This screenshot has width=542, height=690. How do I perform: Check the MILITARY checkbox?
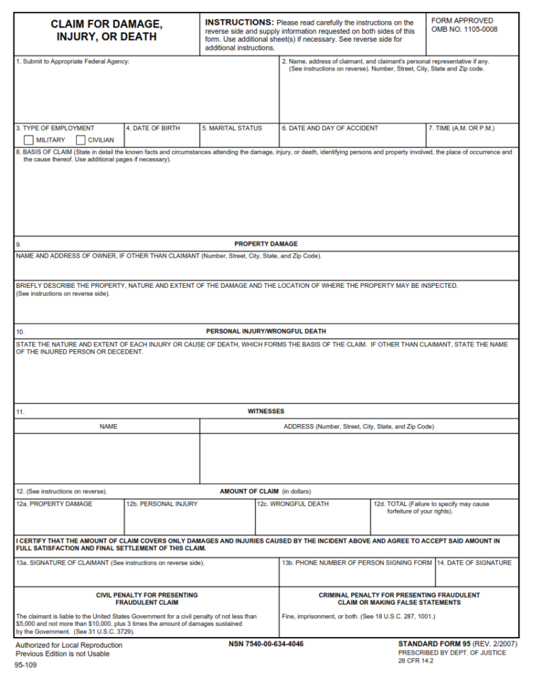pyautogui.click(x=28, y=140)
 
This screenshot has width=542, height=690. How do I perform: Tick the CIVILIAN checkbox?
pyautogui.click(x=80, y=140)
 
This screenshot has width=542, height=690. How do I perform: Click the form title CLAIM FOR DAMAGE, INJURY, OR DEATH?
pyautogui.click(x=106, y=30)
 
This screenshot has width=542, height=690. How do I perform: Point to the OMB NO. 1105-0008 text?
pyautogui.click(x=464, y=30)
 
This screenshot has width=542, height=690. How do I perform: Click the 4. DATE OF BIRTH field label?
pyautogui.click(x=153, y=128)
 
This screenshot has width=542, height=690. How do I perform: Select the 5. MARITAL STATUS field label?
pyautogui.click(x=231, y=128)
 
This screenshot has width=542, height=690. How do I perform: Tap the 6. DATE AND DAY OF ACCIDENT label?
pyautogui.click(x=330, y=128)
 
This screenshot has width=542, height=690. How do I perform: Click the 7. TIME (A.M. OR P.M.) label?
pyautogui.click(x=462, y=128)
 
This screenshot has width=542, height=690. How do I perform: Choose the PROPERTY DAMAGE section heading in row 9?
pyautogui.click(x=266, y=244)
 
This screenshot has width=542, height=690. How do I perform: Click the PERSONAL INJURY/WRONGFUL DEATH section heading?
pyautogui.click(x=266, y=332)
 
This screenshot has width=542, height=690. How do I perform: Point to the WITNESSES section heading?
pyautogui.click(x=266, y=411)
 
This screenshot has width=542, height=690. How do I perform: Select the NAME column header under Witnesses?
pyautogui.click(x=108, y=427)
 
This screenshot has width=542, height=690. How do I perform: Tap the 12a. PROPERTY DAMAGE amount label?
pyautogui.click(x=54, y=504)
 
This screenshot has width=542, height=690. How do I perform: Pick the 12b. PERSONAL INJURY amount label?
pyautogui.click(x=162, y=504)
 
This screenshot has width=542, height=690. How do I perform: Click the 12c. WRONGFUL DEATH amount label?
pyautogui.click(x=293, y=504)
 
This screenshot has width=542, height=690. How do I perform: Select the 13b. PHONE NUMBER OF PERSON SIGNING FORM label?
pyautogui.click(x=357, y=563)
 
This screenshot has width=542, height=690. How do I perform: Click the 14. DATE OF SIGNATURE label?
pyautogui.click(x=474, y=563)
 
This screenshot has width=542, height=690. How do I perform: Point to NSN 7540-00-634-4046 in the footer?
pyautogui.click(x=266, y=644)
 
